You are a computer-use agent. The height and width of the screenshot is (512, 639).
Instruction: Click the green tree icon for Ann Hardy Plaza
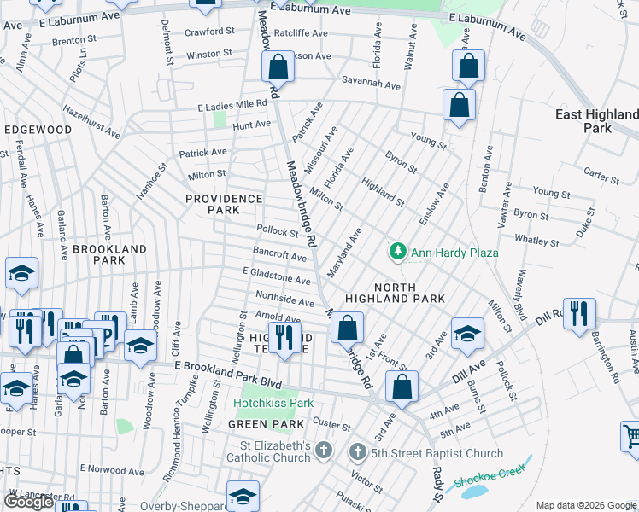point(397,252)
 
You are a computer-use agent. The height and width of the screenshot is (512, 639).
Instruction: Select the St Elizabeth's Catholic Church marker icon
point(323,450)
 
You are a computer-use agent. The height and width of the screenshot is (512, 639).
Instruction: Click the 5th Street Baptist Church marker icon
point(358,450)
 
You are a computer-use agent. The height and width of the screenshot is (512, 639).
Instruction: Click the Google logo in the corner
point(28,502)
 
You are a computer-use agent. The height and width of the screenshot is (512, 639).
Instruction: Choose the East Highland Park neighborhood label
point(596,121)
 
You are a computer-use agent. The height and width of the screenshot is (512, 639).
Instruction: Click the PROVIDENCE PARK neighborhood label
point(224,204)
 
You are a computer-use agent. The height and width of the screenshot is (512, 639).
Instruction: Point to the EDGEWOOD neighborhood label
point(38,130)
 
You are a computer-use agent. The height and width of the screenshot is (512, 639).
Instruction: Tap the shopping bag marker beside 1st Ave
point(348,327)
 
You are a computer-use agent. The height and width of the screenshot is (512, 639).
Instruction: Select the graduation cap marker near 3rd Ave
point(467,335)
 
